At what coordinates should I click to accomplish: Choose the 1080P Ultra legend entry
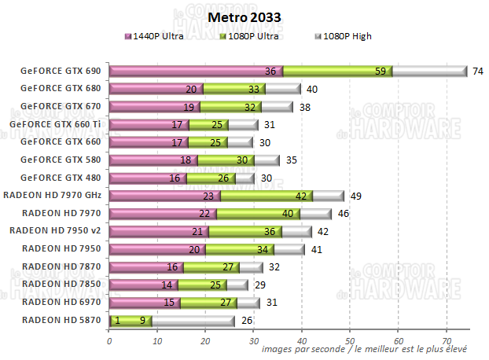coord(251,36)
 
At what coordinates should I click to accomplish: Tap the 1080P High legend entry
coord(343,36)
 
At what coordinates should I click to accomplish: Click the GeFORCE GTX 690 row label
coord(61,71)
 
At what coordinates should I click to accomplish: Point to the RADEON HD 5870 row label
coord(61,320)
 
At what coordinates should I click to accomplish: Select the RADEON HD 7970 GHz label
coord(53,195)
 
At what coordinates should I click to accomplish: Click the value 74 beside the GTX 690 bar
coord(476,71)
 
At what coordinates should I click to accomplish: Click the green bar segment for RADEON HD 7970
coord(258,213)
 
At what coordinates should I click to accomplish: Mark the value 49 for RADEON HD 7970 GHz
coord(355,196)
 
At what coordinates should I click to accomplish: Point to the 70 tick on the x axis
coord(447,340)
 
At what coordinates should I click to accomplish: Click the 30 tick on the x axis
coord(254,340)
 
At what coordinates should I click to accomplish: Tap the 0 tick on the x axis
coord(109,340)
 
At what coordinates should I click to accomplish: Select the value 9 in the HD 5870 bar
coord(142,320)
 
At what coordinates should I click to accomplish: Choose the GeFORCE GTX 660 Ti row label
coord(57,124)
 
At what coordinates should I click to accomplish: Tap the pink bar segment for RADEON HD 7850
coord(134,285)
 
